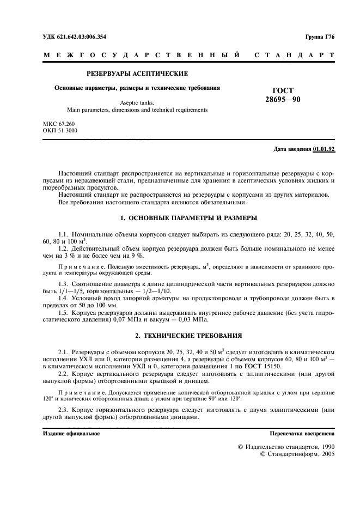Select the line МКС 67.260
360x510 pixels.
[59, 125]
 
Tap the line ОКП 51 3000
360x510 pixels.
[60, 131]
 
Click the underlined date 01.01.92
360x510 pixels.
[324, 149]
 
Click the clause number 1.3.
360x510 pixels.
[64, 284]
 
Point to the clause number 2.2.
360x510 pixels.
[64, 374]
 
